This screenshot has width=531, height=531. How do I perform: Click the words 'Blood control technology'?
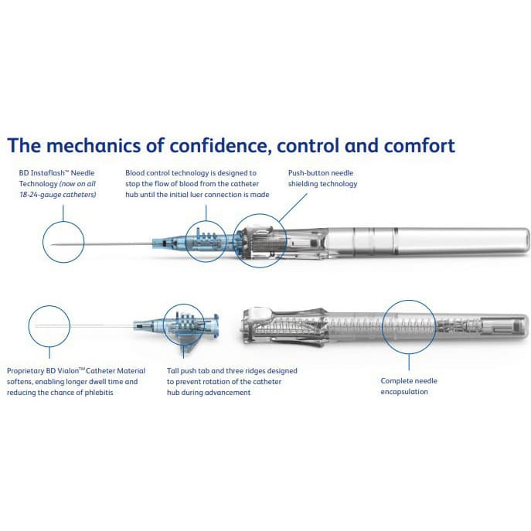tap(167, 173)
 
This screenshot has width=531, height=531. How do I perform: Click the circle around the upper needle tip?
tap(64, 242)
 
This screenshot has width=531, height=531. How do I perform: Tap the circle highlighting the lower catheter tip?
tap(49, 325)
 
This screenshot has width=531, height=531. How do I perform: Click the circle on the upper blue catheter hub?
tap(205, 240)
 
